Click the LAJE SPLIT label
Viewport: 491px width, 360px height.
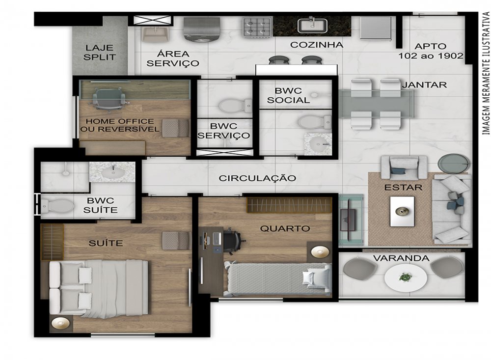pyautogui.click(x=100, y=53)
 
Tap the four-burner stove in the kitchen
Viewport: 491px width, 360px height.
pyautogui.click(x=257, y=28)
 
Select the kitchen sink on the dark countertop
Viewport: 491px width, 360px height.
pyautogui.click(x=312, y=26)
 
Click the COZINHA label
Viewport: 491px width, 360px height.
pyautogui.click(x=317, y=45)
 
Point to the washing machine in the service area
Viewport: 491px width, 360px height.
pyautogui.click(x=202, y=29)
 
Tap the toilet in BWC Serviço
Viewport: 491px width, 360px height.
pyautogui.click(x=235, y=106)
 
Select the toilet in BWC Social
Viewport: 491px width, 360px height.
pyautogui.click(x=315, y=122)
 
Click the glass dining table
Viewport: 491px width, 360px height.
pyautogui.click(x=376, y=104)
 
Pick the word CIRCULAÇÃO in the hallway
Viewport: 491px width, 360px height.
pyautogui.click(x=257, y=178)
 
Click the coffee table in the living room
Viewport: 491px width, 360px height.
pyautogui.click(x=403, y=211)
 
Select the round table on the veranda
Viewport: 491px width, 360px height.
pyautogui.click(x=406, y=277)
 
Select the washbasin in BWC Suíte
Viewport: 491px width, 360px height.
pyautogui.click(x=112, y=172)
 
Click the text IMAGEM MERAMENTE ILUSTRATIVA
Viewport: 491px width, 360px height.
pyautogui.click(x=486, y=74)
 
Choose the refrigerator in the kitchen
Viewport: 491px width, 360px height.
pyautogui.click(x=376, y=28)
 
